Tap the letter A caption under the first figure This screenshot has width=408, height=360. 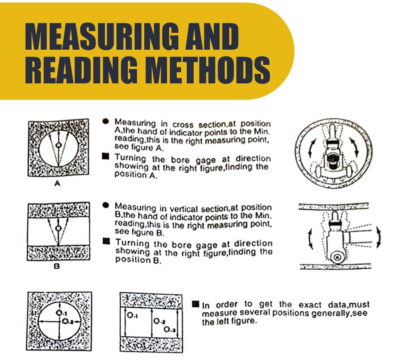[x=57, y=184]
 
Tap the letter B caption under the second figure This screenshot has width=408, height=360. [x=56, y=267]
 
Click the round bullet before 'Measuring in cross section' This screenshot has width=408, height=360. [x=106, y=121]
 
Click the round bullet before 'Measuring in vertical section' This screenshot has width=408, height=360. [x=106, y=205]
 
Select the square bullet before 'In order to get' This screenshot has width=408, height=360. [x=196, y=304]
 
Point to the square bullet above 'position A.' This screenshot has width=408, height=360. [x=106, y=156]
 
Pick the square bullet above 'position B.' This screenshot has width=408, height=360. [x=106, y=241]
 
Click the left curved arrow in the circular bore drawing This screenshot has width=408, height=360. [x=311, y=149]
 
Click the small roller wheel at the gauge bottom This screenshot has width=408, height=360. [x=337, y=257]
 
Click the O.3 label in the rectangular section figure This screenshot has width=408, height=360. [x=170, y=330]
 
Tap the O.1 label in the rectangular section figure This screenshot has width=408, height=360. [x=132, y=315]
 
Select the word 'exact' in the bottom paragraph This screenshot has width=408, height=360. [x=310, y=305]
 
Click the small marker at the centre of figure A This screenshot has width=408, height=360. [x=59, y=145]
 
